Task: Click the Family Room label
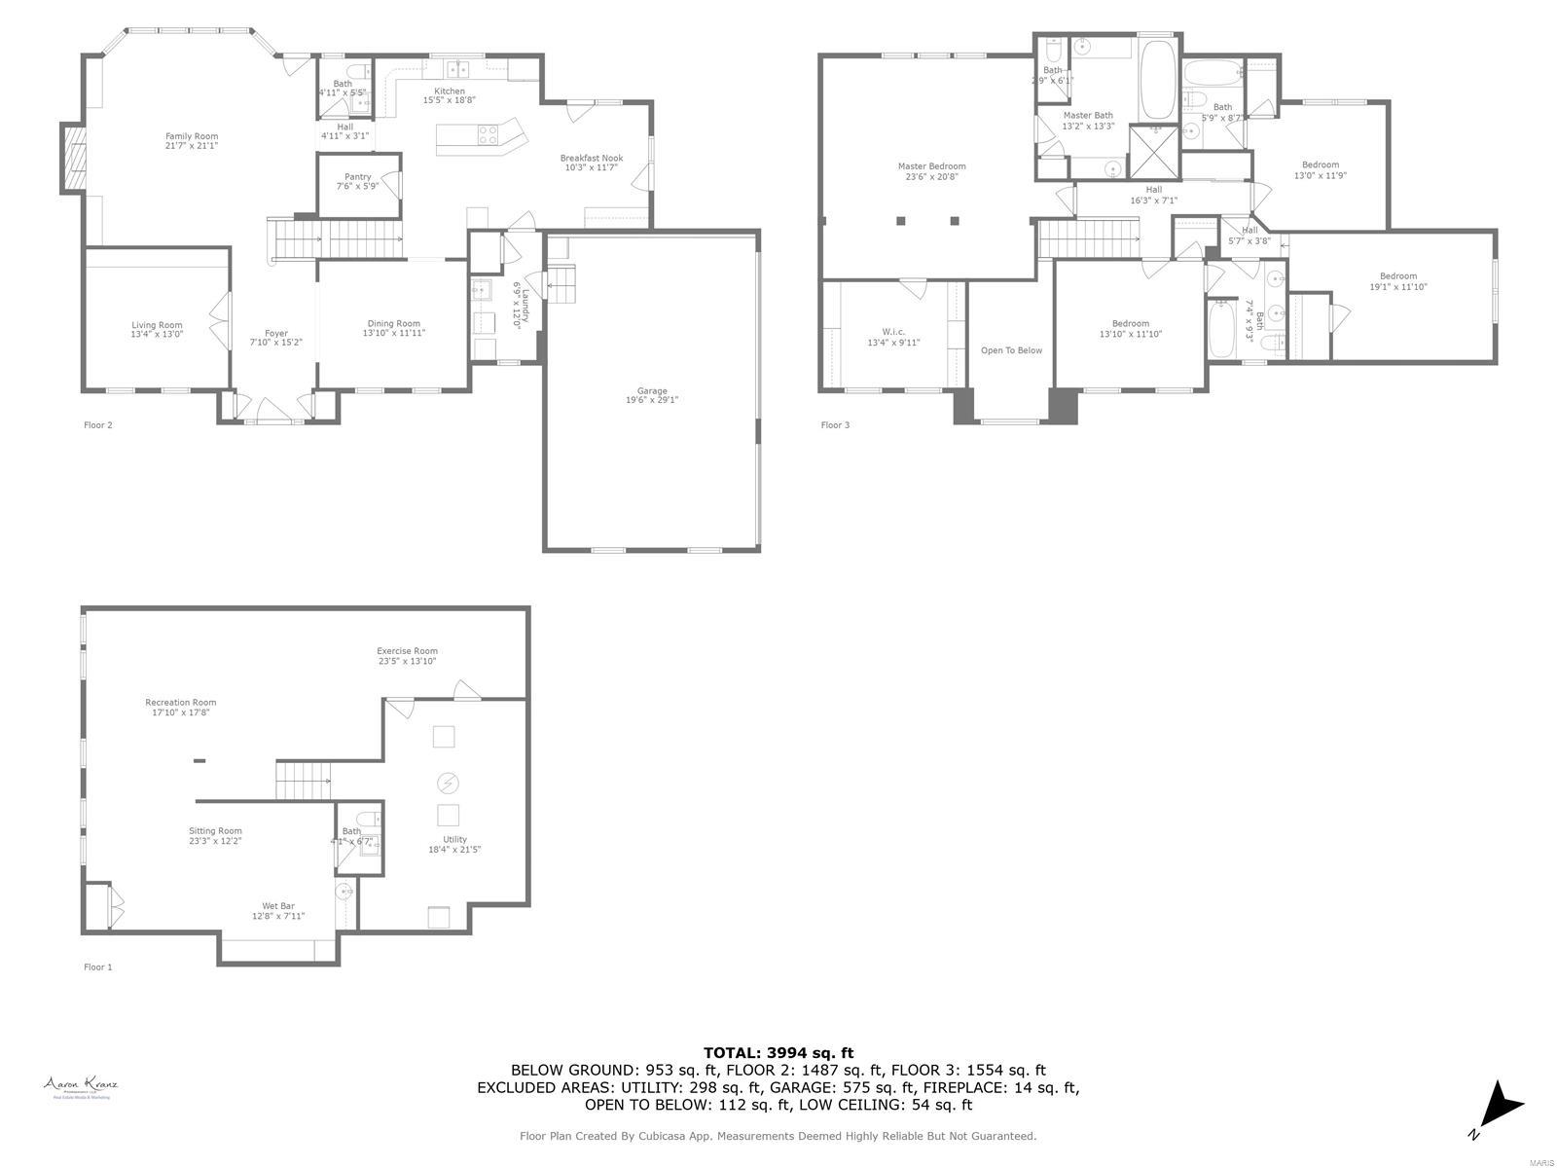click(x=191, y=136)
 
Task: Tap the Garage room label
click(x=651, y=390)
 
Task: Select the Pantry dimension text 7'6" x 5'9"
click(x=357, y=186)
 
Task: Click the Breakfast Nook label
click(x=591, y=158)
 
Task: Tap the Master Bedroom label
click(x=931, y=166)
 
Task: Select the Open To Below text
click(x=1011, y=350)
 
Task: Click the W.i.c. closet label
click(x=893, y=332)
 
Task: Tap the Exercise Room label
click(x=407, y=651)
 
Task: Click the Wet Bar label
click(x=277, y=906)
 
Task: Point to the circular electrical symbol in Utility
click(x=448, y=783)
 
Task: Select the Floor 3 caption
click(x=835, y=425)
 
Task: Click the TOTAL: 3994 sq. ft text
click(x=778, y=1052)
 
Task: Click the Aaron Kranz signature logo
click(x=81, y=1084)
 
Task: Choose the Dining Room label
click(x=393, y=324)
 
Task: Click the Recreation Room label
click(x=180, y=702)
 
